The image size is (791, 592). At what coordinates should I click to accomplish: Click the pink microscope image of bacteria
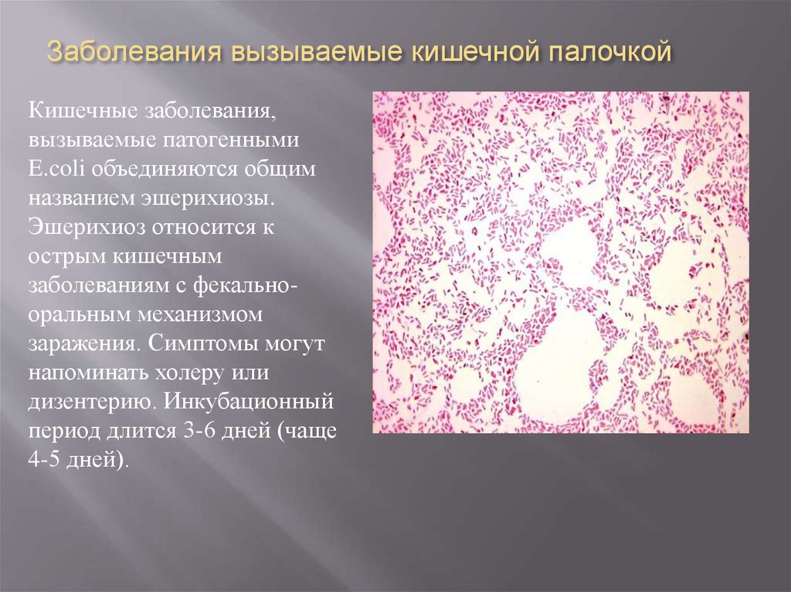point(560,262)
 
